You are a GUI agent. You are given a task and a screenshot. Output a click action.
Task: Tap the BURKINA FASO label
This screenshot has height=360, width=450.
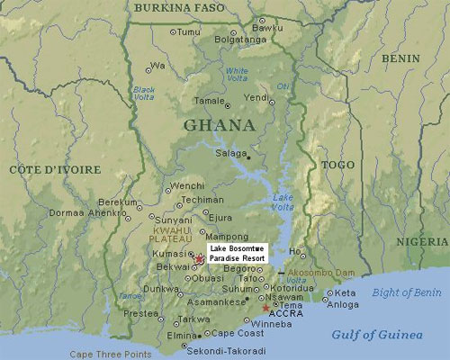pos(178,8)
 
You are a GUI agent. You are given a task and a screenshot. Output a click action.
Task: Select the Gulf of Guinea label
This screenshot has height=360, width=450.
pos(376,334)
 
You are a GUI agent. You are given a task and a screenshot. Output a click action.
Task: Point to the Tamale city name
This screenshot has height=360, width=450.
pos(209,101)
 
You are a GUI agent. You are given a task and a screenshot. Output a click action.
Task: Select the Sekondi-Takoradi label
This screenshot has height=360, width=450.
pos(229,350)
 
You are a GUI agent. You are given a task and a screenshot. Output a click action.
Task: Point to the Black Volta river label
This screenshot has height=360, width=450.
pos(144,93)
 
